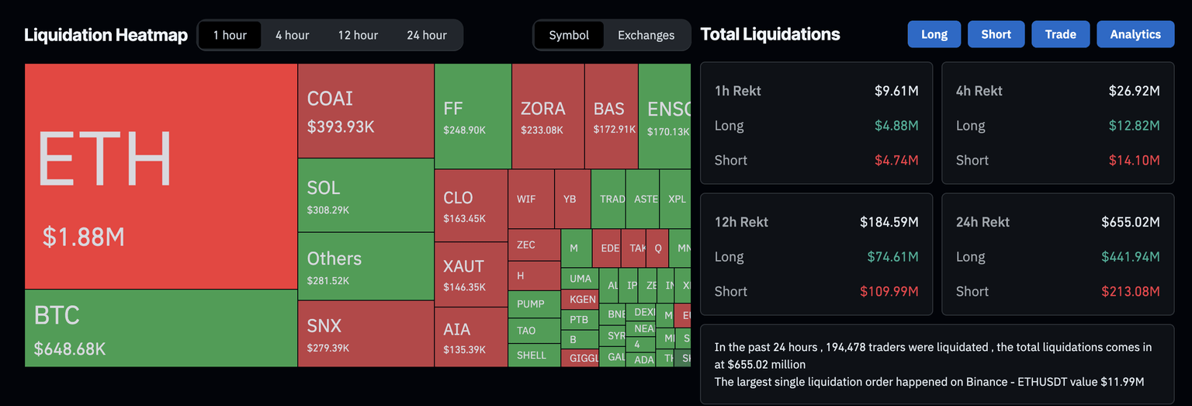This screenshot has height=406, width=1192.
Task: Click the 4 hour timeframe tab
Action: pos(292,35)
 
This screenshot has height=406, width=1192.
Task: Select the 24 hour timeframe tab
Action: pos(427,35)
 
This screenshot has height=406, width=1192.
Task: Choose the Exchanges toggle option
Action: pos(646,35)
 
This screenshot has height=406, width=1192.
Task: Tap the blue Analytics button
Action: pos(1135,34)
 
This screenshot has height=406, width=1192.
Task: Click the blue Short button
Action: pos(996,34)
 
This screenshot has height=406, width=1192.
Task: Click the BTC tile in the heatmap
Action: pos(161,328)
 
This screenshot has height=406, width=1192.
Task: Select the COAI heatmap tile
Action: pos(366,111)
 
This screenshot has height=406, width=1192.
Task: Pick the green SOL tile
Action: pos(366,196)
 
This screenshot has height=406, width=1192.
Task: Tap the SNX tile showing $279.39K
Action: pos(366,334)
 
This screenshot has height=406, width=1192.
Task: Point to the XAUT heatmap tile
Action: pos(470,274)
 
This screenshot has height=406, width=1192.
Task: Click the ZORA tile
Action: pos(547,116)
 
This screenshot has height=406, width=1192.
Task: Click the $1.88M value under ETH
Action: pos(84,237)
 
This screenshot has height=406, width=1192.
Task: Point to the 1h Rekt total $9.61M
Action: pos(896,91)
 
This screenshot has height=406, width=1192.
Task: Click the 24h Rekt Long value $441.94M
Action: pos(1130,257)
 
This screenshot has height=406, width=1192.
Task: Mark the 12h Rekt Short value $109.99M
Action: pos(889,292)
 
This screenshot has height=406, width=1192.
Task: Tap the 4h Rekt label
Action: pos(979,91)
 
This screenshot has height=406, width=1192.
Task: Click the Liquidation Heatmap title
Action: pos(106,35)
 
